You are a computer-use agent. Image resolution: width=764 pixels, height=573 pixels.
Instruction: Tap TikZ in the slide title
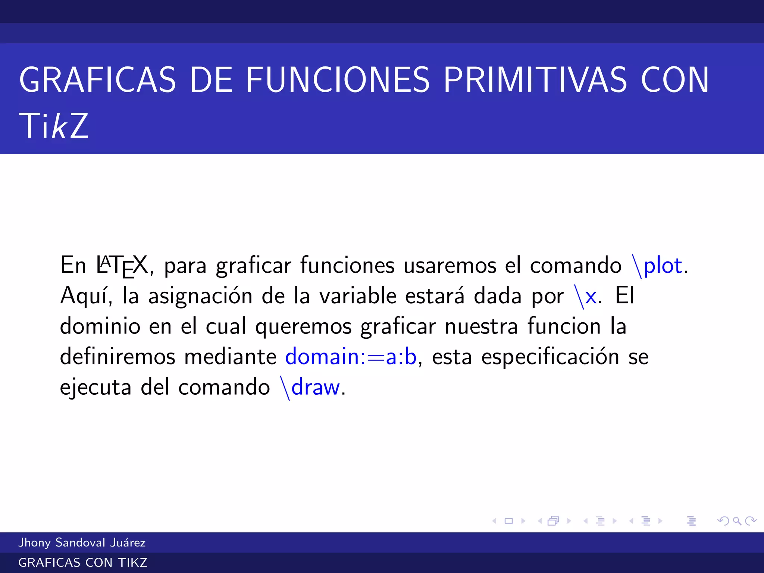[54, 126]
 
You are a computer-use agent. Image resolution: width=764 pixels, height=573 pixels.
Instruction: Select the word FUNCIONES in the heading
[338, 80]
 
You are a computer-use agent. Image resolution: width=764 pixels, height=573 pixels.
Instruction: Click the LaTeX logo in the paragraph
[122, 266]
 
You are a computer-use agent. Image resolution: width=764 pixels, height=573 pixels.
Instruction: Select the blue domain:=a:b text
[351, 357]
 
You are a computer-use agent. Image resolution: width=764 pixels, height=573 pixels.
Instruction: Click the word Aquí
[86, 297]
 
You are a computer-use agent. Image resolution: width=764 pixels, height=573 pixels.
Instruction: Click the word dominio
[100, 326]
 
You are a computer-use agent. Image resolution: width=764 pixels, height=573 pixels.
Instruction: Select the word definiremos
[118, 357]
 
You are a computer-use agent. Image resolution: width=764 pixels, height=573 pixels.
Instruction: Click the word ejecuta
[95, 388]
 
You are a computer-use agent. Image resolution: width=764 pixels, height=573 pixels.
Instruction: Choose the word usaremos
[450, 266]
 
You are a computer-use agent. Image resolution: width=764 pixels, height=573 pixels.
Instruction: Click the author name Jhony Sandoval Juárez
[82, 542]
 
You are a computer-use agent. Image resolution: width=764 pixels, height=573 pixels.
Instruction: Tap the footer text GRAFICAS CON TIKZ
[83, 563]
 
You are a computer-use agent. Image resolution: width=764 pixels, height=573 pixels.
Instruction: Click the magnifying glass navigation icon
[737, 521]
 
